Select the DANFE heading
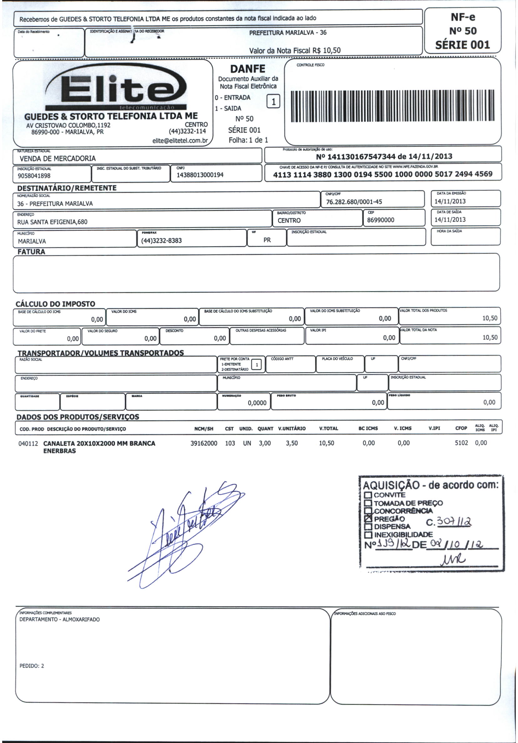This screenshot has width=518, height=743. (x=248, y=69)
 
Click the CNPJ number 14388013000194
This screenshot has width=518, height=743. (x=200, y=175)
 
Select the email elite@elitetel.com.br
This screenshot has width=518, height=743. (x=180, y=141)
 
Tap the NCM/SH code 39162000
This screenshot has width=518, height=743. (x=204, y=443)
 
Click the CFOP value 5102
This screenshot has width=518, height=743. (x=461, y=443)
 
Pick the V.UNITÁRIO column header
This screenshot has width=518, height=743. (x=292, y=428)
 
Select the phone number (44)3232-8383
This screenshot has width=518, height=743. (x=161, y=241)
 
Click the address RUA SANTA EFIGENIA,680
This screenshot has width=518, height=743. (x=52, y=222)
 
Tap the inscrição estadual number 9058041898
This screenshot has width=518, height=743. (x=34, y=176)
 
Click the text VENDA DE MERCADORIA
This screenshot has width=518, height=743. (x=58, y=159)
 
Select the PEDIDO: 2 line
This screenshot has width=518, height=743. (x=32, y=666)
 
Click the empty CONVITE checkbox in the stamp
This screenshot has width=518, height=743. (x=368, y=495)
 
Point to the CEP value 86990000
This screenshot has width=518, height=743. (x=383, y=220)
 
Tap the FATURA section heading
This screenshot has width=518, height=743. (x=31, y=252)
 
